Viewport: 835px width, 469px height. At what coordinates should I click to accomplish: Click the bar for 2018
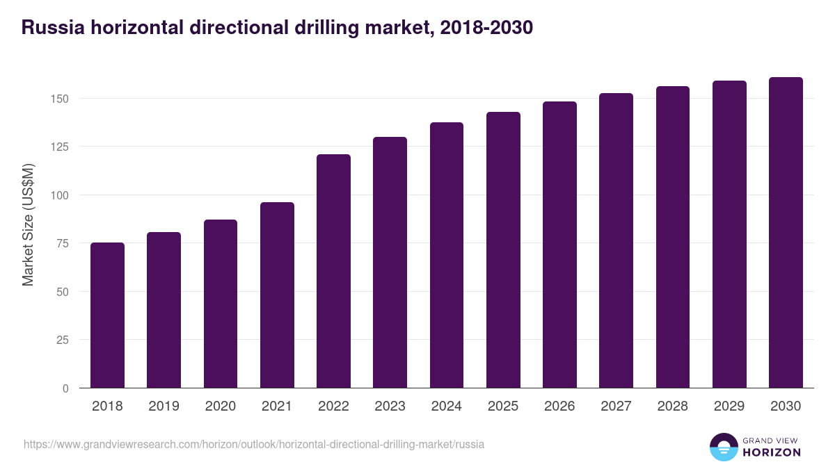coord(107,315)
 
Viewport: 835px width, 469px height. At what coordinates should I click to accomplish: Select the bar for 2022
coord(333,271)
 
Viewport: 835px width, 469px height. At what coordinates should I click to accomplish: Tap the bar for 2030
coord(786,233)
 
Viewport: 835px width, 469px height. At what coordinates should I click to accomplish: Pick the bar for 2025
coord(503,250)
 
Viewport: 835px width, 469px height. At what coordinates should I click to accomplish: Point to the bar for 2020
coord(221,304)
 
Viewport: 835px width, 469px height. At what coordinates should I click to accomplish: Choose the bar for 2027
coord(616,240)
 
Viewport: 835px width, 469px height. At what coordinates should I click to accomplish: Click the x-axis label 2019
coord(164,406)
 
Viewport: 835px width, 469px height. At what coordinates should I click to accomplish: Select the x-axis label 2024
coord(446,406)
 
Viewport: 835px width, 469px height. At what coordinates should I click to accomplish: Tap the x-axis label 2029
coord(729,406)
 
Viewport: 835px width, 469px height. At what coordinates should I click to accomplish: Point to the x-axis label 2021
coord(277,406)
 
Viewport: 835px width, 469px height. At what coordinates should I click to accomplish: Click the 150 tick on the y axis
coord(60,99)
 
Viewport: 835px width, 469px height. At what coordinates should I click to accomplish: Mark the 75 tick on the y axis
coord(63,243)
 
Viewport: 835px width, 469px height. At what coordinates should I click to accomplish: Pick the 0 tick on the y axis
coord(65,388)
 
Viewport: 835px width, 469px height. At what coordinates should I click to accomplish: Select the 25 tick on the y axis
coord(63,340)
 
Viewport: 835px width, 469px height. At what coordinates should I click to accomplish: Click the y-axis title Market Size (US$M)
coord(29,224)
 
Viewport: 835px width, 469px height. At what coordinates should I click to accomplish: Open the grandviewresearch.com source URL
coord(254,444)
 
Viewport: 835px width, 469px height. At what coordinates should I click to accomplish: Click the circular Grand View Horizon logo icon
coord(723,447)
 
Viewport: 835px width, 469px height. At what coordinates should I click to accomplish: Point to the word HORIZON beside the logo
coord(772,452)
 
